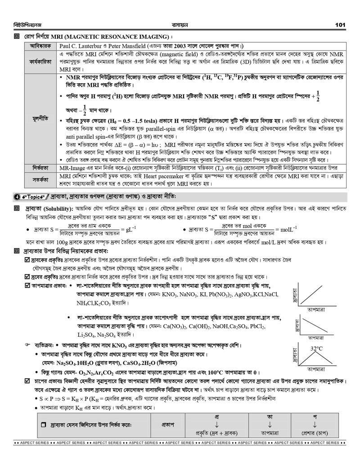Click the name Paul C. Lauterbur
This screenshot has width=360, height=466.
point(83,46)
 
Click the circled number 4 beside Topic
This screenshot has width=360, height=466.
point(17,197)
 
